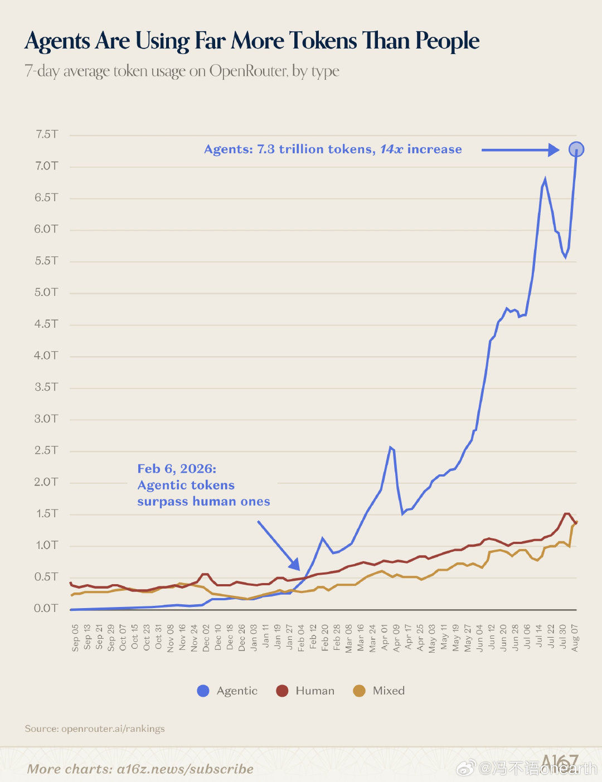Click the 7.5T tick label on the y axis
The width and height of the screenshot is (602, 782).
click(46, 134)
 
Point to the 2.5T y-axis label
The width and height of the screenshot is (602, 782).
click(46, 450)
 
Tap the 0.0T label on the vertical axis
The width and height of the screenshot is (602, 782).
click(46, 608)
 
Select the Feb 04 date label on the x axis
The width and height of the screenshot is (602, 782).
click(301, 638)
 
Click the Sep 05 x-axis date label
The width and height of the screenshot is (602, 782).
click(75, 638)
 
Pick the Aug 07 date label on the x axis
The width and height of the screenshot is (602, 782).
click(575, 638)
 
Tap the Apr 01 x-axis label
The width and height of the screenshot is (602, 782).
click(384, 638)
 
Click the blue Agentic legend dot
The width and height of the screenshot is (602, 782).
click(203, 691)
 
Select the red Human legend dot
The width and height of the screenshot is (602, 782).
click(282, 691)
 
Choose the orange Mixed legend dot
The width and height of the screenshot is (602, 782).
click(359, 691)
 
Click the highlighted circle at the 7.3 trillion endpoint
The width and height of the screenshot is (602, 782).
click(576, 149)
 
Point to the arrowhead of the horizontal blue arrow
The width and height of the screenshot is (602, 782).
click(554, 150)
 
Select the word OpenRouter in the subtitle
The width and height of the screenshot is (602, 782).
click(249, 71)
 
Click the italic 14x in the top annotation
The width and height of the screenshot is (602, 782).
click(391, 149)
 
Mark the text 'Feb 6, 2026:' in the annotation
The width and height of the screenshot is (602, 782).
click(177, 469)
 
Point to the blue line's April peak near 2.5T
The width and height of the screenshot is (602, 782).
click(390, 448)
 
